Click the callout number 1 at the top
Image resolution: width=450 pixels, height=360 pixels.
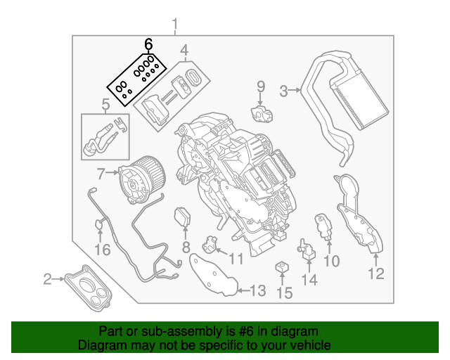pos(175,27)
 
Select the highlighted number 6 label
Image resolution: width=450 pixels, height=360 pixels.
pos(148,44)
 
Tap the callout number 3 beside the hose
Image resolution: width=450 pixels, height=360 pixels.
pos(284,90)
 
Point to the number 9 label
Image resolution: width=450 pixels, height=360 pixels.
pos(259,86)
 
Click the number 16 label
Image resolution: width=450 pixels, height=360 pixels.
pos(103,250)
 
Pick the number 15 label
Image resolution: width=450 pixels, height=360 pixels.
pos(283,292)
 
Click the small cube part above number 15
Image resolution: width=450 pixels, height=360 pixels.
pos(283,268)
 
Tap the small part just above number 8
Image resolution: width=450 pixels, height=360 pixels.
pos(184,217)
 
